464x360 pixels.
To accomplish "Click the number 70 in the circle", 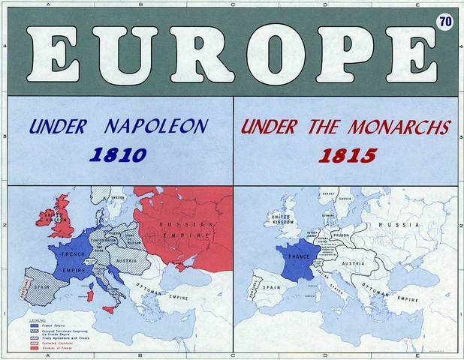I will [444, 22].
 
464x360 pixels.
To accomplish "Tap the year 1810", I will [117, 155].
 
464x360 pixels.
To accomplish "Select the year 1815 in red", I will [347, 155].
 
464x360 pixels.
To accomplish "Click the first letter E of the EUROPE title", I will [55, 56].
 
